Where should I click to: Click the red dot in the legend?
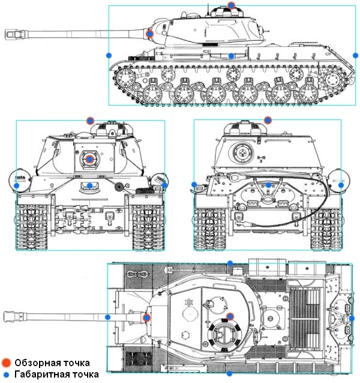[5, 363]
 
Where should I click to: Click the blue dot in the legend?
[5, 375]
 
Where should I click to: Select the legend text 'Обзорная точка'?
[52, 363]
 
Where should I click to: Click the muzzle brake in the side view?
[12, 34]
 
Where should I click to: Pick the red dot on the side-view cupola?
[232, 5]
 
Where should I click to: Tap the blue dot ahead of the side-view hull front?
[109, 55]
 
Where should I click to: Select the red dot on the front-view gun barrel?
[89, 159]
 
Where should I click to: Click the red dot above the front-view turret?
[90, 120]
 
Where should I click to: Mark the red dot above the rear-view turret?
[268, 120]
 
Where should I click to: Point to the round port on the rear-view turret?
[243, 152]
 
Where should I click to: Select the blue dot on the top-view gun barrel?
[108, 316]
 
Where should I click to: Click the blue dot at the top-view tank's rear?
[353, 318]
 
